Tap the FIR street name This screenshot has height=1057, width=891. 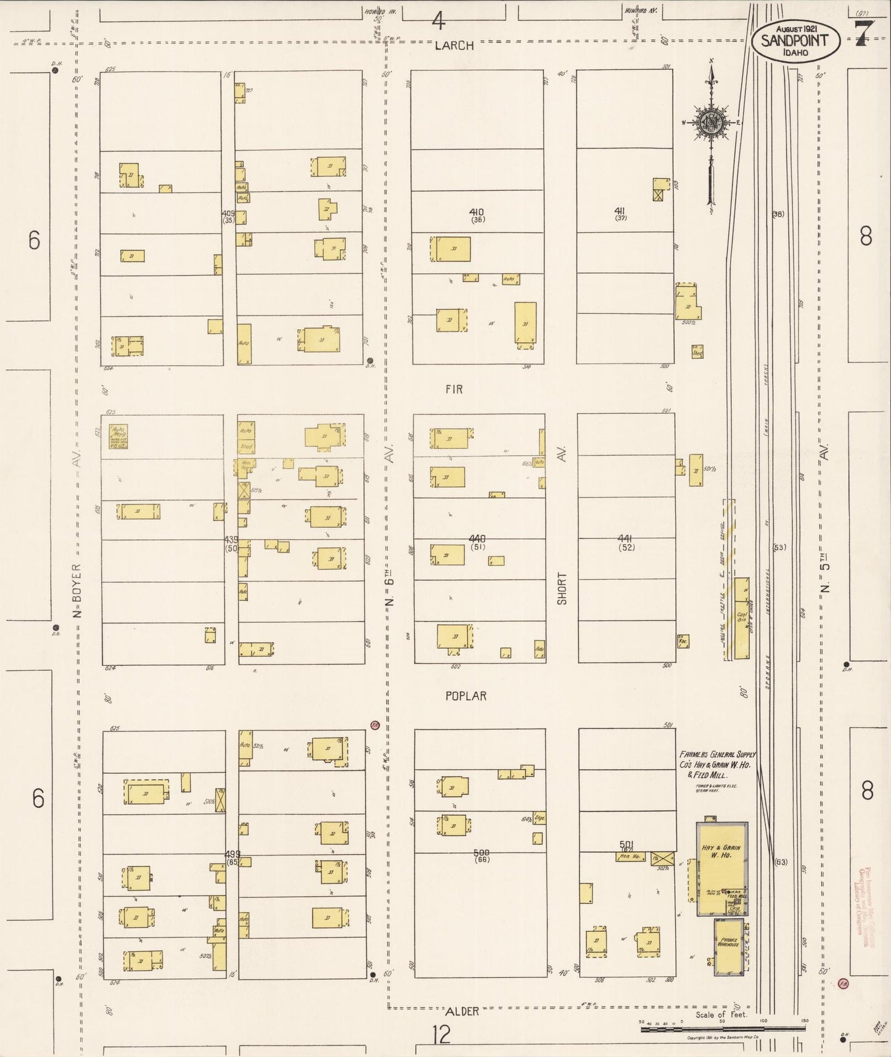[x=453, y=389]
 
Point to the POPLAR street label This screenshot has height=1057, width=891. [x=466, y=696]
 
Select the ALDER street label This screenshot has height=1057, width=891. [x=461, y=1011]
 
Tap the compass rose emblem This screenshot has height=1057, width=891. [x=712, y=122]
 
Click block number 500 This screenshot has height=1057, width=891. [x=482, y=853]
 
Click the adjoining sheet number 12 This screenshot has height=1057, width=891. [x=441, y=1034]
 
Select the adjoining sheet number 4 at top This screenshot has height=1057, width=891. [x=438, y=22]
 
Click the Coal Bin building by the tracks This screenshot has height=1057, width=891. [x=742, y=617]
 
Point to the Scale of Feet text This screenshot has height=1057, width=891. [x=721, y=1015]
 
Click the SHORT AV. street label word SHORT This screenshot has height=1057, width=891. [x=562, y=588]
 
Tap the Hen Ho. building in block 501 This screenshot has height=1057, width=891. [x=630, y=857]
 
